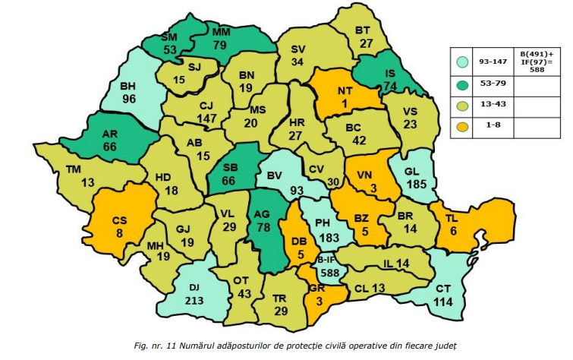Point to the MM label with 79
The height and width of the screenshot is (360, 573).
(x=221, y=33)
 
